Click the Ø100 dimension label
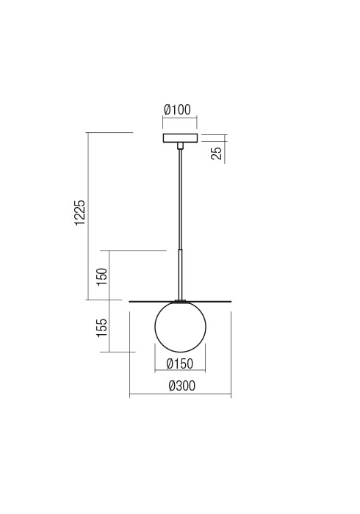tap(177, 110)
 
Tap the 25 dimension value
tap(217, 153)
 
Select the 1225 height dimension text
tap(80, 213)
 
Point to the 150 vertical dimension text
tap(102, 277)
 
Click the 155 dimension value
tap(102, 327)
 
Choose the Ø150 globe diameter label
tap(180, 363)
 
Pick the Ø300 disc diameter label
tap(182, 385)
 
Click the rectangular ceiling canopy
tap(180, 138)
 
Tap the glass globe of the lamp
tap(180, 327)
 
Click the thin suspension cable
tap(180, 199)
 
